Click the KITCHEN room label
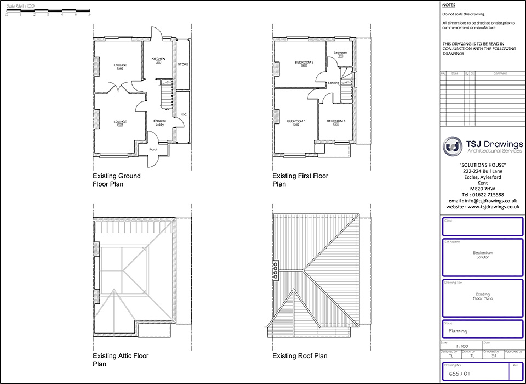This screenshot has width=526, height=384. click(x=158, y=58)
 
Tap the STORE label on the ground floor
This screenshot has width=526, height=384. click(x=183, y=64)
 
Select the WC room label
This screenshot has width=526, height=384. click(x=184, y=114)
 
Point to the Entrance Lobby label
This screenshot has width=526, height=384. click(x=159, y=122)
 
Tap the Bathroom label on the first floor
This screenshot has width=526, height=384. click(x=340, y=53)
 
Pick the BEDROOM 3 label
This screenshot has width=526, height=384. click(x=335, y=120)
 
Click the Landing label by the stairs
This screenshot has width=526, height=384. click(x=334, y=83)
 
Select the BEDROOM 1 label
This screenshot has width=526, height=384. click(x=296, y=121)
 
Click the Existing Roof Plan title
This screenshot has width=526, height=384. click(x=300, y=356)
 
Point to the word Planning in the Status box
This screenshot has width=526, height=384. click(x=458, y=331)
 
